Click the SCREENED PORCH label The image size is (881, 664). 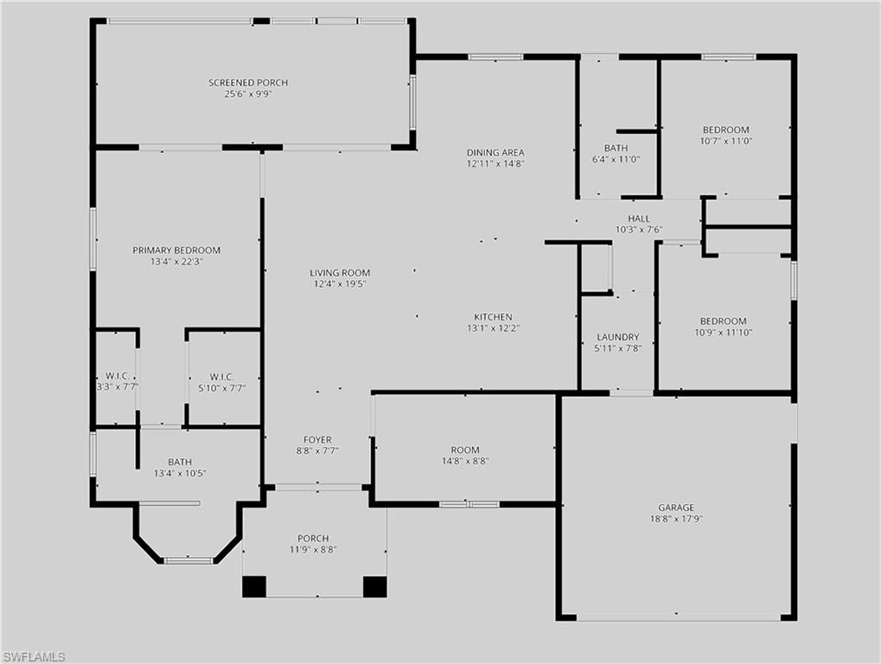pyautogui.click(x=248, y=83)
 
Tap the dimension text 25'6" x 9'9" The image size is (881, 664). pyautogui.click(x=248, y=94)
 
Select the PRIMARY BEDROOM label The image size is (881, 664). pyautogui.click(x=176, y=251)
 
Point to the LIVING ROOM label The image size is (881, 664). pyautogui.click(x=340, y=273)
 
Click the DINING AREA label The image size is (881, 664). pyautogui.click(x=495, y=153)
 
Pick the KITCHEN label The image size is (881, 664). pyautogui.click(x=493, y=317)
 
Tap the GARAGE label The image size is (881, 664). pyautogui.click(x=676, y=508)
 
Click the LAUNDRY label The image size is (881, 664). pyautogui.click(x=617, y=337)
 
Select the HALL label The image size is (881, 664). pyautogui.click(x=639, y=219)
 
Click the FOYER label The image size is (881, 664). pyautogui.click(x=317, y=440)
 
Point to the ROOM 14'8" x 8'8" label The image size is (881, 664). pyautogui.click(x=465, y=450)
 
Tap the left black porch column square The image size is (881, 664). pyautogui.click(x=254, y=586)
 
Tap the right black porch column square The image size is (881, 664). pyautogui.click(x=374, y=586)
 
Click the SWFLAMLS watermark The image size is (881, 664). pyautogui.click(x=33, y=657)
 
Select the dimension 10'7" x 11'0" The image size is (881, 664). pyautogui.click(x=725, y=141)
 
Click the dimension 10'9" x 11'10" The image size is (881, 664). pyautogui.click(x=725, y=332)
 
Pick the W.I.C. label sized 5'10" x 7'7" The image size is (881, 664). pyautogui.click(x=221, y=377)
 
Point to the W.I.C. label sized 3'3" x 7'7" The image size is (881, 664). pyautogui.click(x=118, y=377)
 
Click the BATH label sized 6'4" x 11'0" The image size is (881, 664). pyautogui.click(x=616, y=149)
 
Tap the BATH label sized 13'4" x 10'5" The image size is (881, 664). pyautogui.click(x=180, y=463)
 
